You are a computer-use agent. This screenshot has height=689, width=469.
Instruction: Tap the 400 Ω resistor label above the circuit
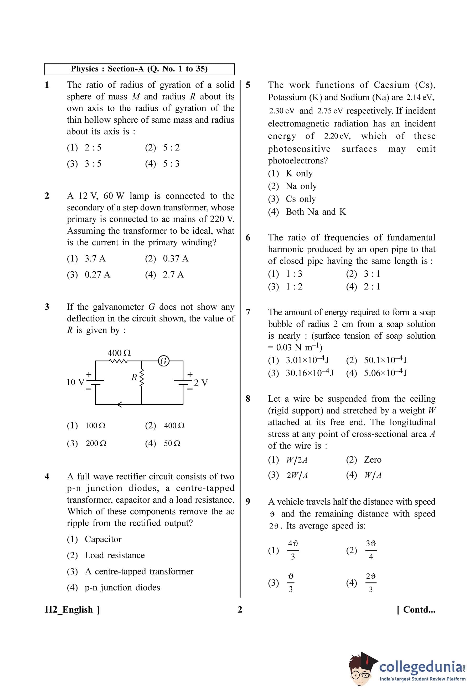(x=119, y=353)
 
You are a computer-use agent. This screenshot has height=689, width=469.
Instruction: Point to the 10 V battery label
(x=75, y=382)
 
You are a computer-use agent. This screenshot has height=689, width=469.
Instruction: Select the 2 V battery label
(x=201, y=383)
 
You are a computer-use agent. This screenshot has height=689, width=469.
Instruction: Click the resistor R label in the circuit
(x=134, y=377)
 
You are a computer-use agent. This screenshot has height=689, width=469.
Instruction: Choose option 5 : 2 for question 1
(x=171, y=147)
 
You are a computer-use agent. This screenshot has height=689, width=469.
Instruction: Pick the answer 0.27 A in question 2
(x=97, y=274)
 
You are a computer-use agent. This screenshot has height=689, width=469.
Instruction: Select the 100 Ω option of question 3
(x=95, y=426)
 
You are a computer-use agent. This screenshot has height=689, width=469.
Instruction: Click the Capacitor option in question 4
(x=103, y=539)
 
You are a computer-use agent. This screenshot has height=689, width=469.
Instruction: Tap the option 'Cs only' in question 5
(x=301, y=199)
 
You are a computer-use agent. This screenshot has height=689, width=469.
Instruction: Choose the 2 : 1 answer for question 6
(x=372, y=287)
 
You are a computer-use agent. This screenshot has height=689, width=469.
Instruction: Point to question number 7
(x=248, y=312)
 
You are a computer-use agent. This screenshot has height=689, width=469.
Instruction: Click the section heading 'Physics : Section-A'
(x=139, y=69)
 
